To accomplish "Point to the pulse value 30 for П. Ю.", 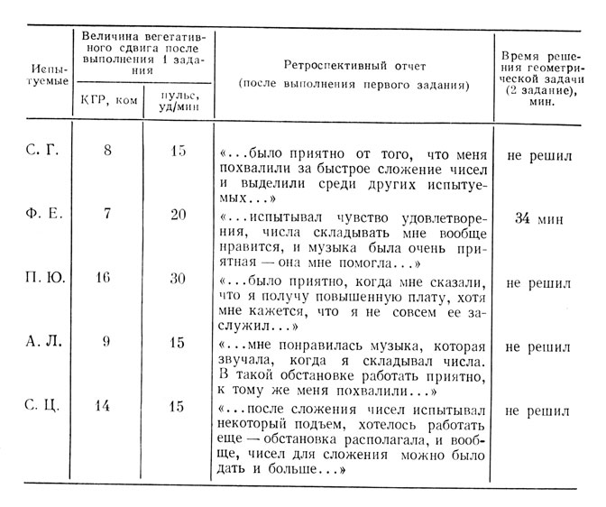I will (178, 279).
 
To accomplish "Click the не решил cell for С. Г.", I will (539, 155).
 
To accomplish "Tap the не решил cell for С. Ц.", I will (539, 410).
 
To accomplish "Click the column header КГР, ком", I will (107, 100).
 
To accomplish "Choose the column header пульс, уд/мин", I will (178, 100).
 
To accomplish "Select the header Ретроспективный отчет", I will (355, 67).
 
